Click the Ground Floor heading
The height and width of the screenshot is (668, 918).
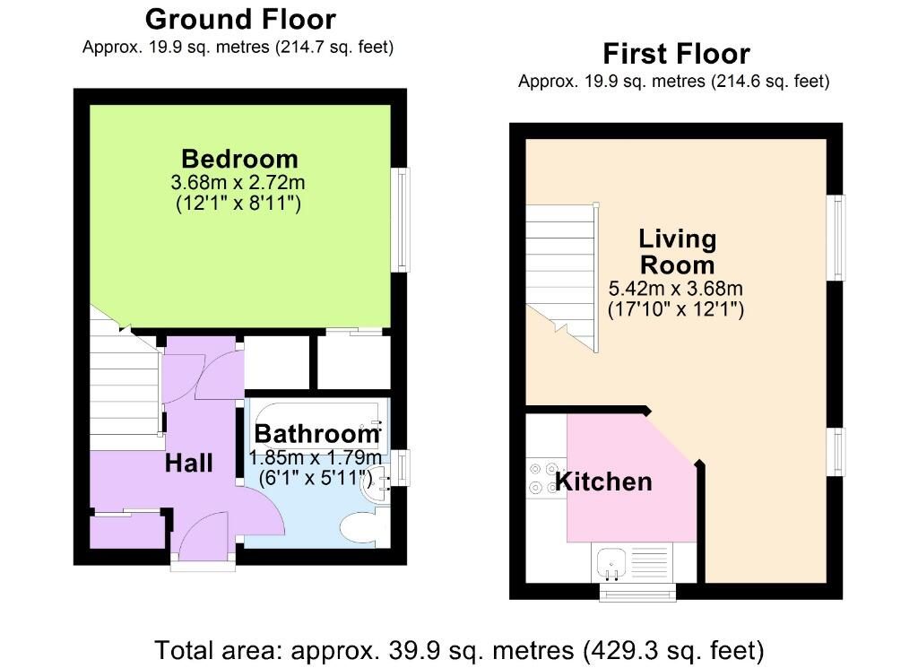(x=240, y=20)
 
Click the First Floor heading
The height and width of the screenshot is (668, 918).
(x=676, y=54)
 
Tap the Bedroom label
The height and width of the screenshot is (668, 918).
(x=240, y=159)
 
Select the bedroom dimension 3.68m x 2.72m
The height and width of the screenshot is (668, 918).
(x=238, y=182)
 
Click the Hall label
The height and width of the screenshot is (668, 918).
(x=188, y=463)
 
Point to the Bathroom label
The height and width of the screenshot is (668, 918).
(x=317, y=434)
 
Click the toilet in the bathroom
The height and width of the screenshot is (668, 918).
(x=364, y=527)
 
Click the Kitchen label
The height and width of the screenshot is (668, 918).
(x=603, y=481)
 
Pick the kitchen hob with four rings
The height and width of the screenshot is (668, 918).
(x=547, y=478)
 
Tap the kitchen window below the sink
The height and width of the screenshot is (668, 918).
(x=637, y=593)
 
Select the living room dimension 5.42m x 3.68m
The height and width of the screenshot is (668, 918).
(x=676, y=288)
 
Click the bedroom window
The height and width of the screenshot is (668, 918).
(x=401, y=221)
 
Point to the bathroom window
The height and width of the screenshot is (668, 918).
(x=401, y=467)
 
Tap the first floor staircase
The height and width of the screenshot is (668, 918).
(x=562, y=277)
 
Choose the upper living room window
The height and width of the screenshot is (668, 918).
(x=836, y=238)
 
